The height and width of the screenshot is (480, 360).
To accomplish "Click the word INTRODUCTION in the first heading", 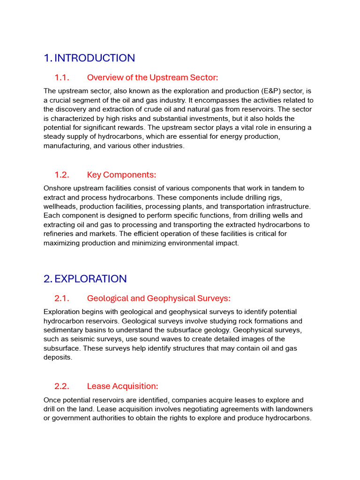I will tap(95, 58).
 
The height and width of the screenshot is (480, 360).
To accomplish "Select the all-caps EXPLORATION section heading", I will tap(90, 279).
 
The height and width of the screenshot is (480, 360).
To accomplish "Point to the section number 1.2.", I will tap(62, 175).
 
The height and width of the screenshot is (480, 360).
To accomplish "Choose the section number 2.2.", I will tap(62, 386).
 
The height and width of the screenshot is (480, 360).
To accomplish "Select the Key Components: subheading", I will tap(121, 175).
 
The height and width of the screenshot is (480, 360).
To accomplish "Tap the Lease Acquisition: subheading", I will tap(122, 386).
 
